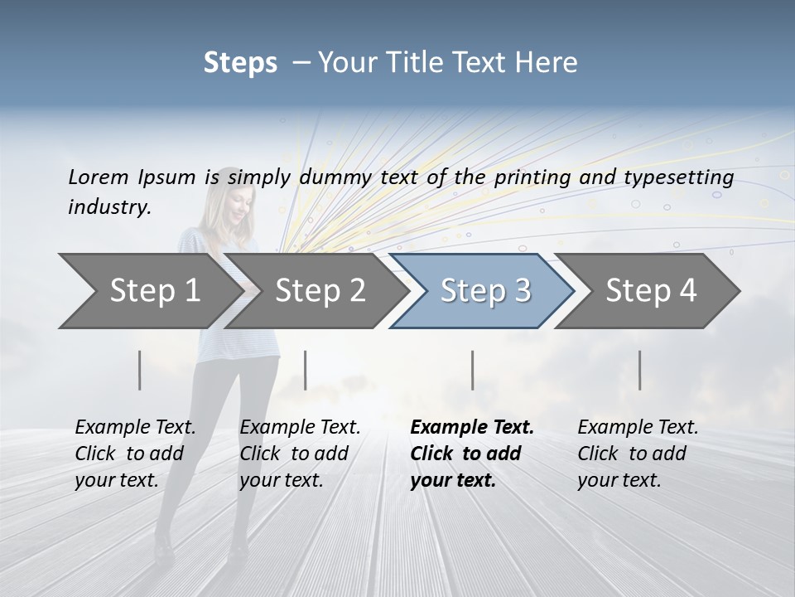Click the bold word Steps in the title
[240, 62]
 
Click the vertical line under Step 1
[140, 370]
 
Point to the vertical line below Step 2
[306, 370]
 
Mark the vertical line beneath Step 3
[472, 370]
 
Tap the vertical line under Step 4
[639, 370]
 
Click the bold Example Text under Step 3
[472, 428]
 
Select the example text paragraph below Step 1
[135, 454]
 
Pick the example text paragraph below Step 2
[300, 454]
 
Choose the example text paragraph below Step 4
[638, 454]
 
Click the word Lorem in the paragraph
[99, 177]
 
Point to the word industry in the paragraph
[109, 206]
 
